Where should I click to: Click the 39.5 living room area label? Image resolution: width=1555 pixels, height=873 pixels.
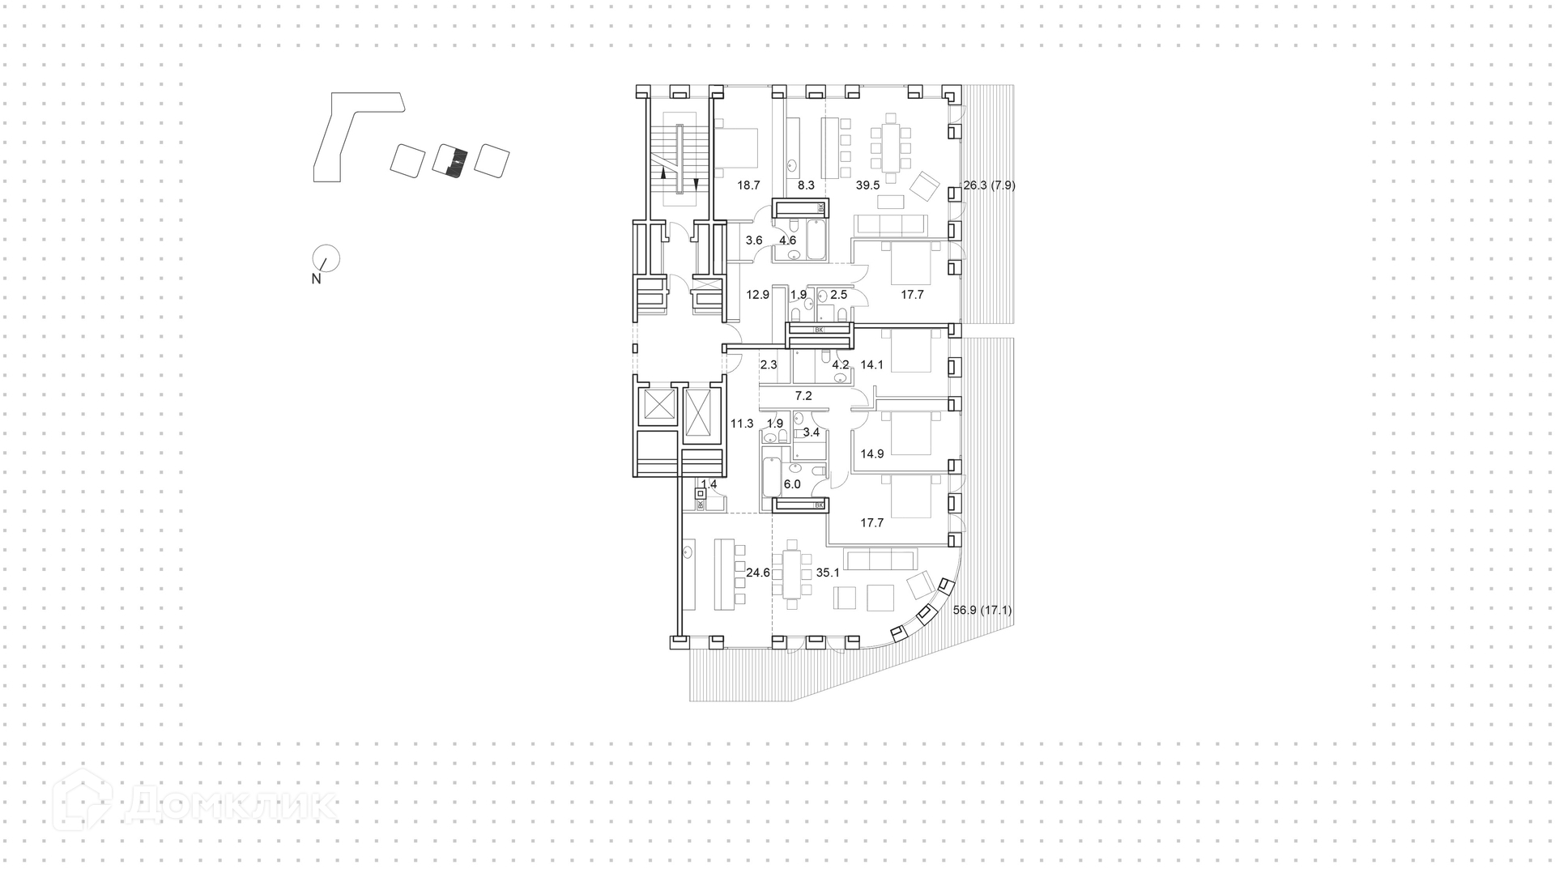tap(867, 185)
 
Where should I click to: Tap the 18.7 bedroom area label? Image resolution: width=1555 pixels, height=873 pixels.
tap(748, 185)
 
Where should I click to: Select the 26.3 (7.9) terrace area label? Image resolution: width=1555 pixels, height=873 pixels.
tap(989, 185)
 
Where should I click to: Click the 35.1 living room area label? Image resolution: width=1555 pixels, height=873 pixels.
tap(828, 573)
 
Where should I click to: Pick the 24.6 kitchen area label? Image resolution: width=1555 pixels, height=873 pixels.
tap(758, 573)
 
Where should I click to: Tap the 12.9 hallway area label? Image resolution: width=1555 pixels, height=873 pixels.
tap(757, 295)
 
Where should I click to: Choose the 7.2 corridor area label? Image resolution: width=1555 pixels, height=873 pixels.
tap(803, 396)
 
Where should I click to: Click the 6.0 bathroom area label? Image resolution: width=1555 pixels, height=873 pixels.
tap(792, 484)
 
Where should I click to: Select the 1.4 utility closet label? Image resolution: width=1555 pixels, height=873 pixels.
tap(709, 484)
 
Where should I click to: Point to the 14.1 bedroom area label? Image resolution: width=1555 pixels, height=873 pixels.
tap(871, 365)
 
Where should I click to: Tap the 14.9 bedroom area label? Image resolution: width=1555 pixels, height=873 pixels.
tap(871, 454)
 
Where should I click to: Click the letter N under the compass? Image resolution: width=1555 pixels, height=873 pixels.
tap(316, 279)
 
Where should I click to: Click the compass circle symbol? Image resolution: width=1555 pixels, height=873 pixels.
tap(327, 258)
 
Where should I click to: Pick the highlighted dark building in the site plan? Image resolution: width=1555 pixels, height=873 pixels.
tap(451, 160)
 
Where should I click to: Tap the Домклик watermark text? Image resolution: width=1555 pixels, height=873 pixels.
tap(231, 805)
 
